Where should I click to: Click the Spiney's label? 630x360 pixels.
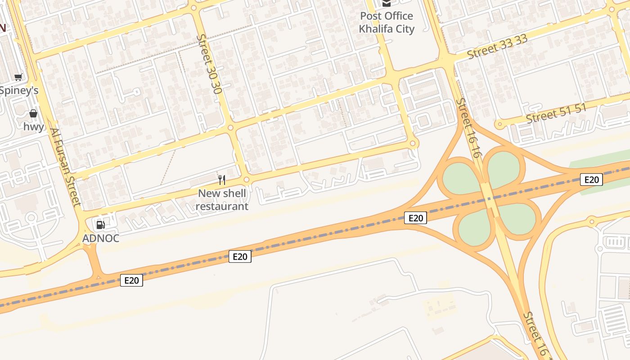[19, 90]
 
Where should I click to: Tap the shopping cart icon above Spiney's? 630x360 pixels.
[18, 77]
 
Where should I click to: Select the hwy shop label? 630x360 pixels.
[34, 126]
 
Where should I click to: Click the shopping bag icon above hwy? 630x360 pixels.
[33, 113]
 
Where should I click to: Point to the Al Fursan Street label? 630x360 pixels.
[66, 167]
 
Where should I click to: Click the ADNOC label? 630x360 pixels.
[101, 238]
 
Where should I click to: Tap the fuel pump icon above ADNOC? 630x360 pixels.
[101, 225]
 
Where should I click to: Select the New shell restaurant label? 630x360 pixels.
[222, 200]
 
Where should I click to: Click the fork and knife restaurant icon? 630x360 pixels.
[222, 180]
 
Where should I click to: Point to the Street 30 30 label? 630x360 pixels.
[210, 64]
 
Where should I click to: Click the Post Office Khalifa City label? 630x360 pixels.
[387, 22]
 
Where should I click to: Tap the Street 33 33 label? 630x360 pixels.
[497, 47]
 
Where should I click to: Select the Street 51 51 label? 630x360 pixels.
[557, 113]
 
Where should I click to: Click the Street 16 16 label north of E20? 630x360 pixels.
[469, 128]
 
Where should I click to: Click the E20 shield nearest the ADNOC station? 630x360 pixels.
[131, 280]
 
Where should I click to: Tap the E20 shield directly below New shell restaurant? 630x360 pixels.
[240, 256]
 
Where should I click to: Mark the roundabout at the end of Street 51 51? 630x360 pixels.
[498, 125]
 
